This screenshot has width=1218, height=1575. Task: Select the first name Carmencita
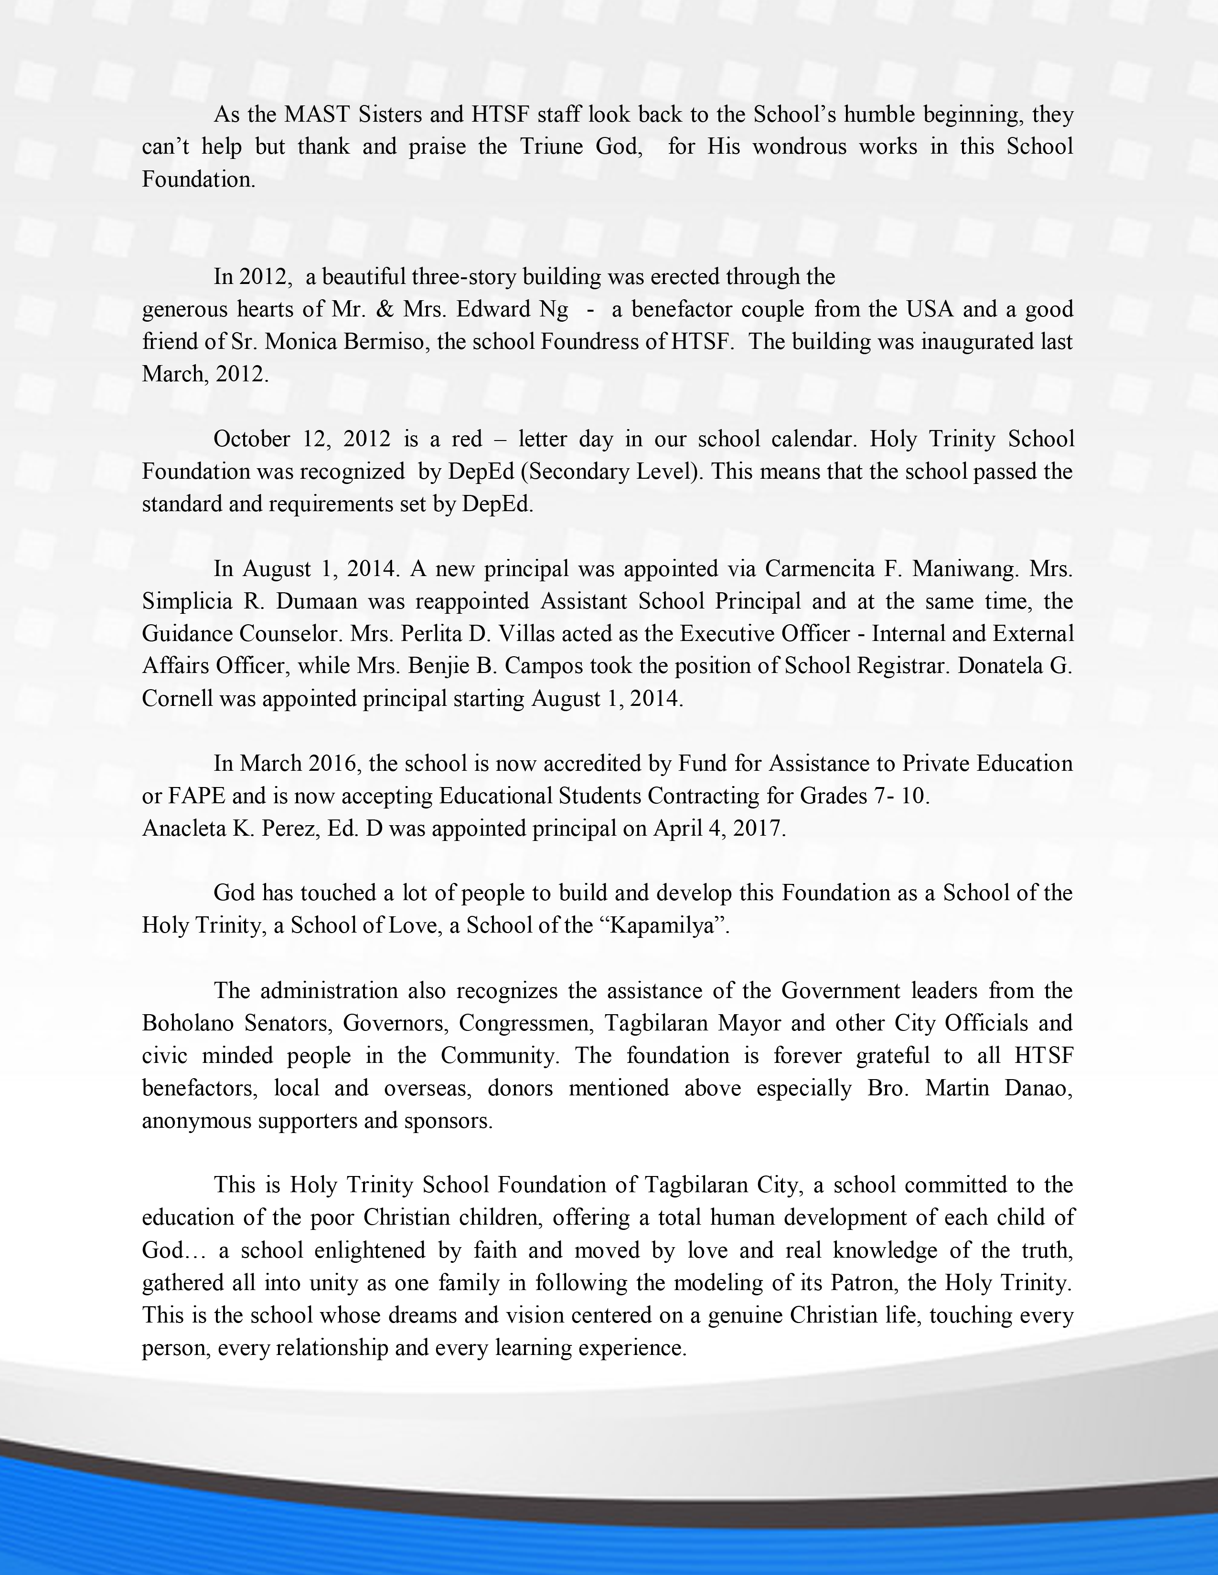[818, 569]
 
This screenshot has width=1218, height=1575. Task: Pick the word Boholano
[188, 1023]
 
